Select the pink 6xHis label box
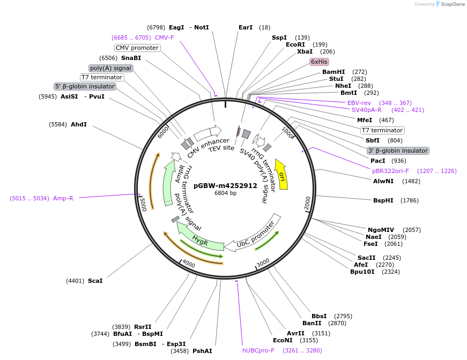pos(319,62)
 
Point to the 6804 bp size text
pos(225,193)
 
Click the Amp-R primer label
pos(63,198)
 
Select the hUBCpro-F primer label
pos(258,350)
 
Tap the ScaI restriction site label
pos(95,280)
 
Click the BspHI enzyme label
pos(383,200)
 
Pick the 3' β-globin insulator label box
pos(398,151)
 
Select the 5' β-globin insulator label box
pos(85,86)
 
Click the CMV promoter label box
pos(137,48)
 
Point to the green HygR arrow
pos(201,240)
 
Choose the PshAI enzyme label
pos(202,351)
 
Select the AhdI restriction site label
pos(78,124)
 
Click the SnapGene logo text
pos(451,4)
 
